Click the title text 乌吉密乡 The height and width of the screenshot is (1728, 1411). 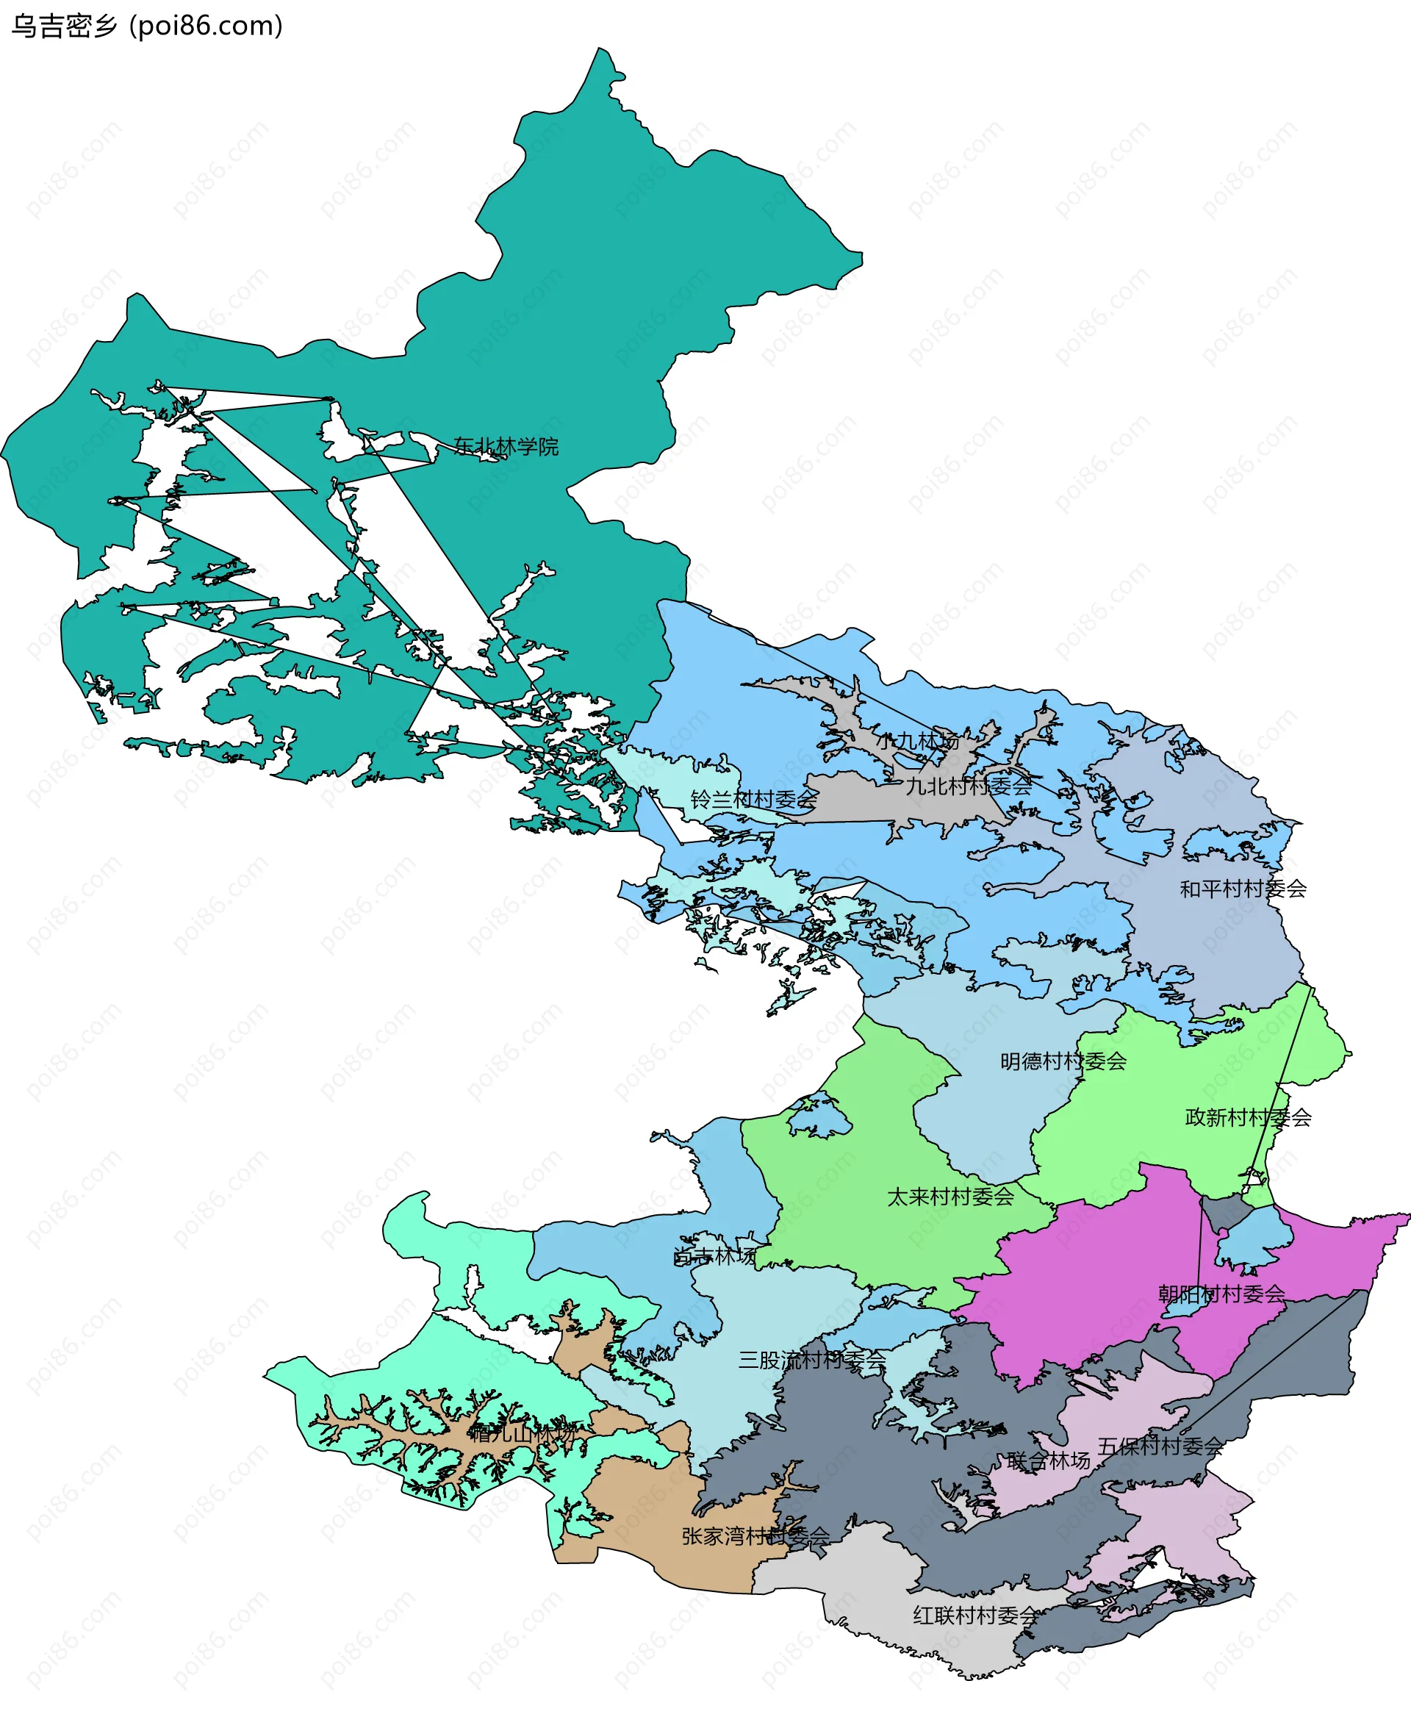pos(64,26)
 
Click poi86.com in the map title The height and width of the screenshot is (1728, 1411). pos(207,26)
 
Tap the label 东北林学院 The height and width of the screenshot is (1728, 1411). pos(506,446)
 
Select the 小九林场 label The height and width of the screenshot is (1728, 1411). pos(917,742)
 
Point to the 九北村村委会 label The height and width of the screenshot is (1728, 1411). pos(969,786)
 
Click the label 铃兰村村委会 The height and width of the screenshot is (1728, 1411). pos(753,799)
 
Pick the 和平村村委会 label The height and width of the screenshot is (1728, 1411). pos(1243,889)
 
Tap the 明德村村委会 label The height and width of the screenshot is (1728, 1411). pos(1063,1061)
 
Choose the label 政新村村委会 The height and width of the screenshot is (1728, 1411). pos(1248,1118)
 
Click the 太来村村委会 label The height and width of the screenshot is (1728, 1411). pos(950,1197)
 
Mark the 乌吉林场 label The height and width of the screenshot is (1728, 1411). pos(715,1257)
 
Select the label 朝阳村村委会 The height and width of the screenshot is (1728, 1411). pos(1221,1294)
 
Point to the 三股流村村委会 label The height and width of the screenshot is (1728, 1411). pos(811,1360)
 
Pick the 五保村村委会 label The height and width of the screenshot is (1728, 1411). pos(1160,1446)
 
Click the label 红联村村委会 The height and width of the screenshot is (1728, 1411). pos(975,1615)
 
